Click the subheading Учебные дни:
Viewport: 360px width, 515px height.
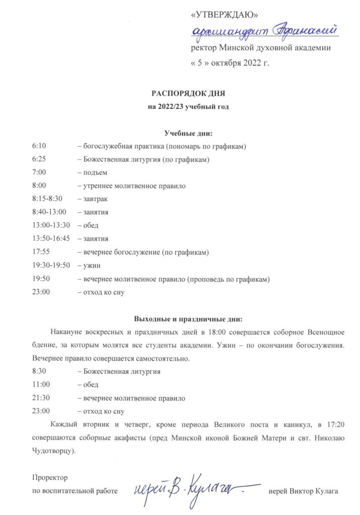tap(189, 133)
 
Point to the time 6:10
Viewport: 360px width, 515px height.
tap(39, 146)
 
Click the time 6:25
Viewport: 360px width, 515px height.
tap(39, 159)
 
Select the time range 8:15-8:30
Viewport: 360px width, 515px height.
tap(47, 199)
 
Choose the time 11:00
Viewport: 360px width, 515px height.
tap(41, 385)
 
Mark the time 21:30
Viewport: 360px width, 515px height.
tap(41, 398)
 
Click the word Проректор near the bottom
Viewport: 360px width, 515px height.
tap(49, 476)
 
